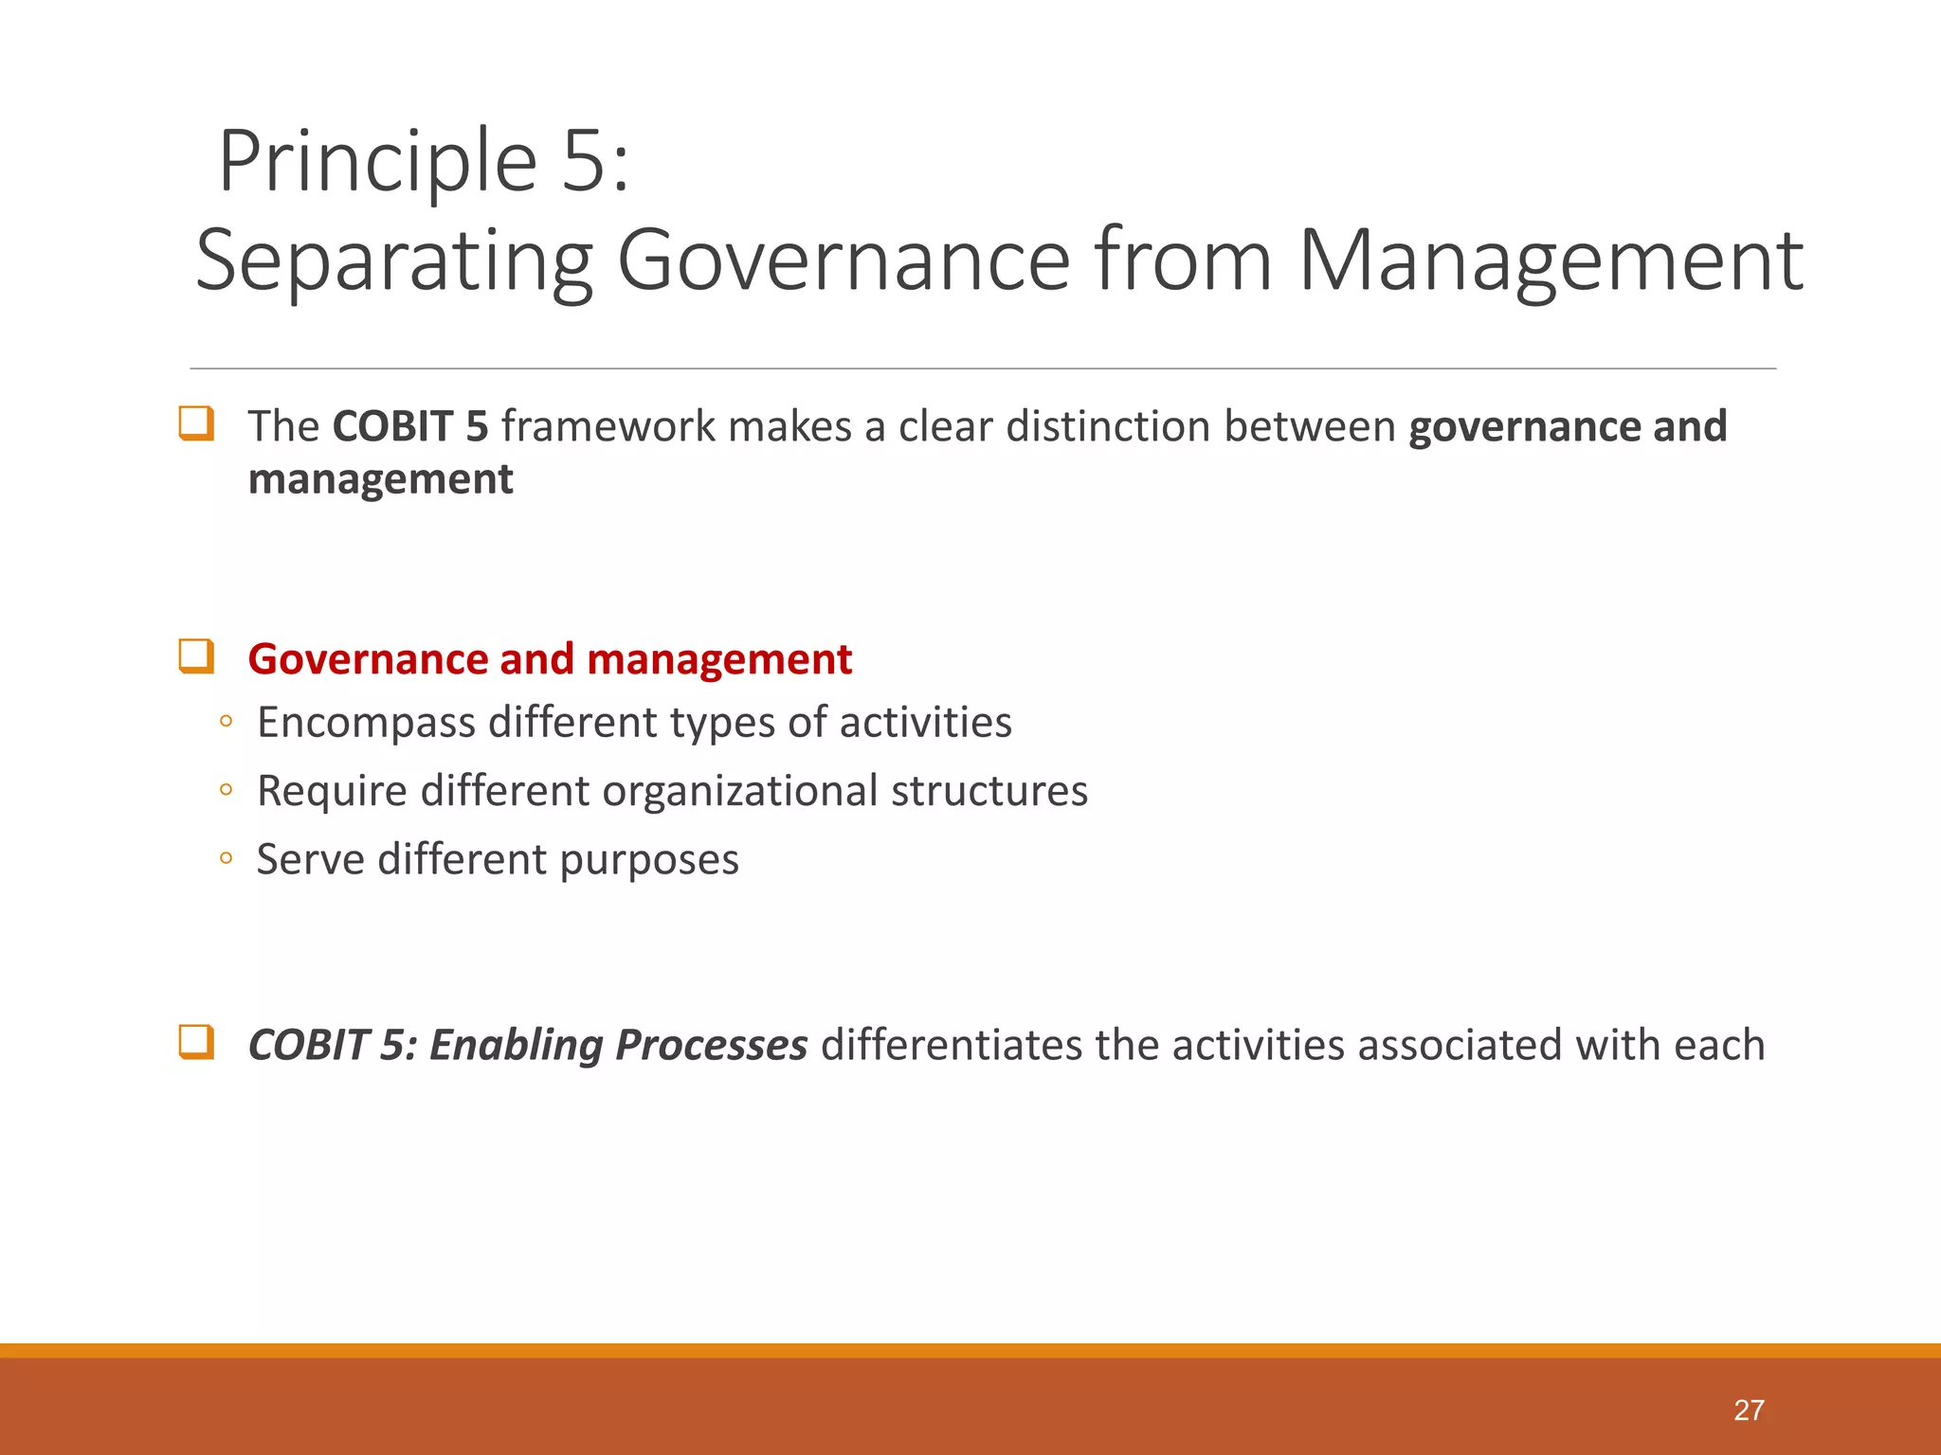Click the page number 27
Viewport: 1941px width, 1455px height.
coord(1749,1410)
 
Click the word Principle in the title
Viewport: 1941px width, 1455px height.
coord(377,161)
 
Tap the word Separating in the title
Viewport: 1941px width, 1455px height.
coord(393,260)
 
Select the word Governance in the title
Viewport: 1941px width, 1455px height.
coord(843,260)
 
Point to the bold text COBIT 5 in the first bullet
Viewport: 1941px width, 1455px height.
coord(409,426)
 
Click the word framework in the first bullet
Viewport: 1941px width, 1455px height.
coord(608,426)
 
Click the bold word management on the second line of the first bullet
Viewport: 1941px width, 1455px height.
coord(380,479)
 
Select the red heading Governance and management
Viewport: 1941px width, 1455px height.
coord(550,659)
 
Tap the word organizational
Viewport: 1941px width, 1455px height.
coord(739,791)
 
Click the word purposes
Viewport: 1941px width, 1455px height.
coord(648,860)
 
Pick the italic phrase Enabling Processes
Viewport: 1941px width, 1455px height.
coord(618,1045)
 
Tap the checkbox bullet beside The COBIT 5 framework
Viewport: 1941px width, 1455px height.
coord(196,423)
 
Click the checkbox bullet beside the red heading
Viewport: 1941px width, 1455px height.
coord(196,656)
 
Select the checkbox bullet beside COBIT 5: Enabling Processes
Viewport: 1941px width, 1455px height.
coord(196,1042)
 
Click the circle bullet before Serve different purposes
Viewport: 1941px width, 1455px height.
coord(226,859)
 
